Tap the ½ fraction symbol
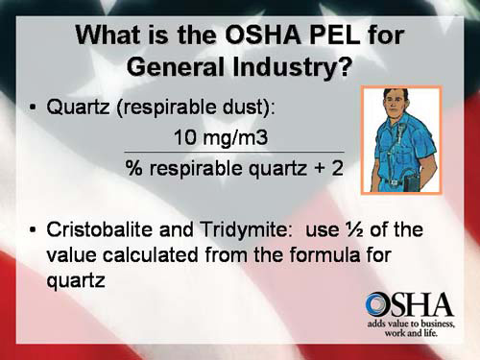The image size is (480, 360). [368, 231]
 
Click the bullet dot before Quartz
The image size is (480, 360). [32, 108]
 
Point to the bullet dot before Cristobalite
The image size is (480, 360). [32, 232]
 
